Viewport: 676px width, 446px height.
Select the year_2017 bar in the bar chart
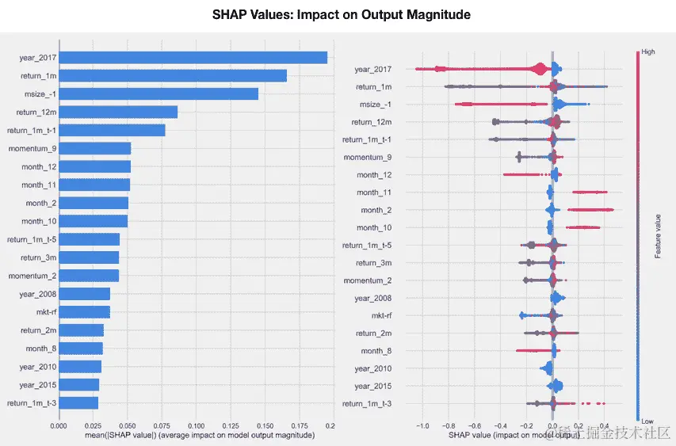[x=193, y=57]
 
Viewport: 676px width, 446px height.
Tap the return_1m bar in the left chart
[x=173, y=75]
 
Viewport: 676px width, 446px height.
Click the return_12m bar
[x=118, y=112]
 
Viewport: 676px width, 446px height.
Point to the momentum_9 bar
[x=94, y=148]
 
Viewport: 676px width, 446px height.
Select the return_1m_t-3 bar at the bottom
[x=78, y=402]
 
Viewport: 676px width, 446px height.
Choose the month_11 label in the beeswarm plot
[x=374, y=193]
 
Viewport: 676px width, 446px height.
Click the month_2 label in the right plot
[x=376, y=210]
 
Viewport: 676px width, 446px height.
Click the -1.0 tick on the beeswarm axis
[x=422, y=425]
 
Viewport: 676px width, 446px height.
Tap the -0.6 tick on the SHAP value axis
[x=474, y=425]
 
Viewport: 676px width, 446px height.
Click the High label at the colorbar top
[x=647, y=52]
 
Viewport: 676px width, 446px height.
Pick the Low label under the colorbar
[x=647, y=421]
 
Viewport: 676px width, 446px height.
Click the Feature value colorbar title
[x=659, y=236]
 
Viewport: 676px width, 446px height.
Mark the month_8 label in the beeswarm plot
[x=376, y=351]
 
